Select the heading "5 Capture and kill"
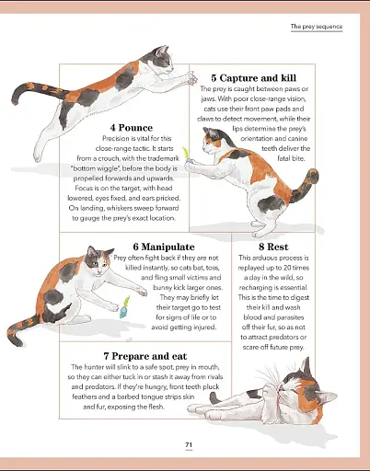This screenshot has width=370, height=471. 253,77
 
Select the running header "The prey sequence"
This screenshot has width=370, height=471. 316,27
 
